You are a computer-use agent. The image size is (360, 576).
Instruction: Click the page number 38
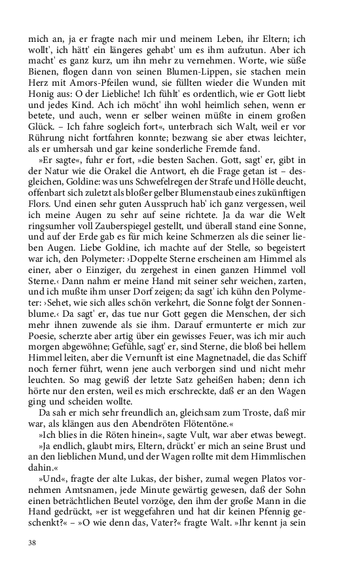(32, 543)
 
